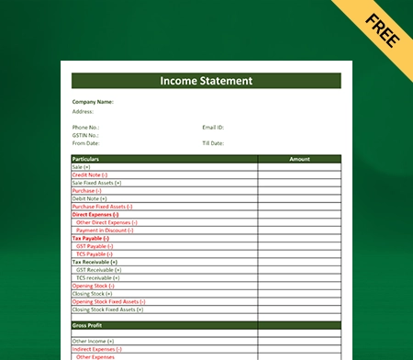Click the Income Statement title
tap(206, 81)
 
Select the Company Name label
tap(93, 102)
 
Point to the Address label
tap(83, 111)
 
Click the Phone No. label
tap(85, 127)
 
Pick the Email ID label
tap(213, 127)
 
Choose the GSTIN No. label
tap(86, 135)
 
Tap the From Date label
tap(85, 142)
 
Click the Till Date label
tap(214, 142)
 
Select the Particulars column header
tap(85, 159)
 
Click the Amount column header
tap(299, 159)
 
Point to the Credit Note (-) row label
tap(89, 174)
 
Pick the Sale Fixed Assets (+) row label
tap(96, 183)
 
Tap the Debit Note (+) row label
tap(89, 198)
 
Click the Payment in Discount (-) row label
tap(106, 230)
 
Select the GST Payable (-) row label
tap(95, 246)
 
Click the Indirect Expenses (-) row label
tap(96, 349)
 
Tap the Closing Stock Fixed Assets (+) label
tap(108, 309)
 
